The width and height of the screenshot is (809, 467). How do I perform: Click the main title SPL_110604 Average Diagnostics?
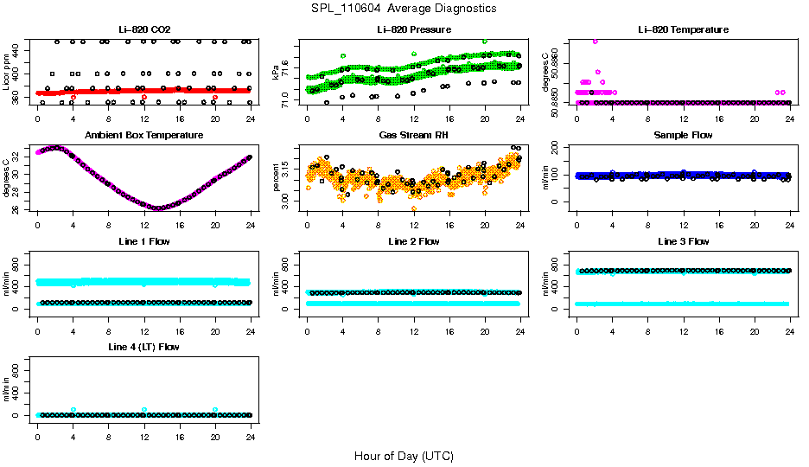pos(404,8)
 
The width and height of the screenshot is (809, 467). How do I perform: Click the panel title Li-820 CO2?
pos(143,29)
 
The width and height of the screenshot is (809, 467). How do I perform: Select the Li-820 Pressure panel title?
pos(414,29)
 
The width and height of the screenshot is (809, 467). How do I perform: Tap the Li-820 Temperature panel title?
pos(683,29)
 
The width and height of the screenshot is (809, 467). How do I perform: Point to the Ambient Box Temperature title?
pos(143,136)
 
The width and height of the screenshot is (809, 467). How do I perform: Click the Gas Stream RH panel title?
pos(414,136)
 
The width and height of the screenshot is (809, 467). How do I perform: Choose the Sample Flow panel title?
pos(683,136)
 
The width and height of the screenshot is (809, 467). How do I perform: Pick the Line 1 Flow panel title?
pos(143,241)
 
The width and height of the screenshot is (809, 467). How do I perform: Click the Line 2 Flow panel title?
pos(414,241)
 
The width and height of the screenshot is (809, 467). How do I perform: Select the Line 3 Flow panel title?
pos(683,241)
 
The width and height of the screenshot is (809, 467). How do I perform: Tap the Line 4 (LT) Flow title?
pos(143,347)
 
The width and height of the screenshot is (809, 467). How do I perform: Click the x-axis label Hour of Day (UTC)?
pos(404,456)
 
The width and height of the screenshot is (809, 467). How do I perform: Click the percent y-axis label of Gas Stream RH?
pos(276,177)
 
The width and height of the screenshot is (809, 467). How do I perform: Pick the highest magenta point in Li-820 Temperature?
pos(595,41)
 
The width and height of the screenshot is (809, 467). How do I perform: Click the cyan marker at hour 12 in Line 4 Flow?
pos(144,409)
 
